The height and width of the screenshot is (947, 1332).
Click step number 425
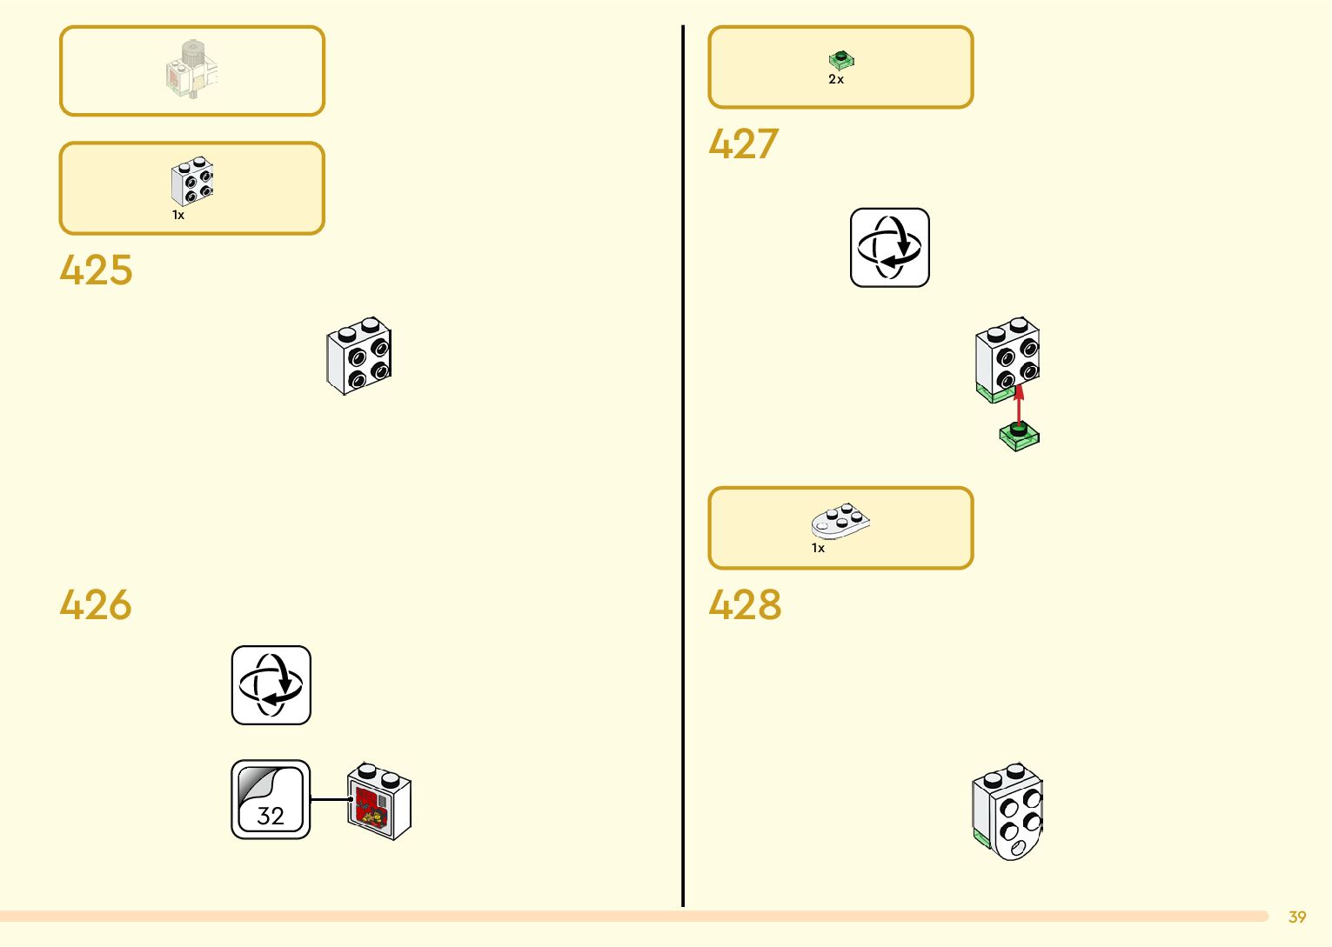pyautogui.click(x=96, y=270)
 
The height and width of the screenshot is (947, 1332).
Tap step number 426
pyautogui.click(x=96, y=604)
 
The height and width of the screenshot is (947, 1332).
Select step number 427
pyautogui.click(x=743, y=144)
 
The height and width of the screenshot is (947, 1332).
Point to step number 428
pyautogui.click(x=745, y=604)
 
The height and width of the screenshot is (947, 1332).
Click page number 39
pyautogui.click(x=1297, y=917)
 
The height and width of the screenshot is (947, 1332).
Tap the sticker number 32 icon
pyautogui.click(x=271, y=799)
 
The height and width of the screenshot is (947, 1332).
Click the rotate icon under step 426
pyautogui.click(x=271, y=685)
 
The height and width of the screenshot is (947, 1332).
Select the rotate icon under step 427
pyautogui.click(x=889, y=248)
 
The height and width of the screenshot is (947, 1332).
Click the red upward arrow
pyautogui.click(x=1020, y=404)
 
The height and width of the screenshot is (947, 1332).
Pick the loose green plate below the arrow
pyautogui.click(x=1020, y=437)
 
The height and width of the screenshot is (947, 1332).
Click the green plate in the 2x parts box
pyautogui.click(x=841, y=60)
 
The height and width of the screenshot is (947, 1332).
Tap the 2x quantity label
pyautogui.click(x=836, y=79)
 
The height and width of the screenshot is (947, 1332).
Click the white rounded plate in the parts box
pyautogui.click(x=840, y=521)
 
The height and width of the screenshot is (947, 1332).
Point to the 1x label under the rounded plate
pyautogui.click(x=818, y=548)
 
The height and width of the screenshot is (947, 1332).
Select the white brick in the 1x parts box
pyautogui.click(x=192, y=181)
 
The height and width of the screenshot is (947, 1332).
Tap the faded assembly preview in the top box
pyautogui.click(x=192, y=70)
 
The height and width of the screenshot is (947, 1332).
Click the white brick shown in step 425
pyautogui.click(x=359, y=356)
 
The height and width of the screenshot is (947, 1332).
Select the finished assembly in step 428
pyautogui.click(x=1007, y=811)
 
